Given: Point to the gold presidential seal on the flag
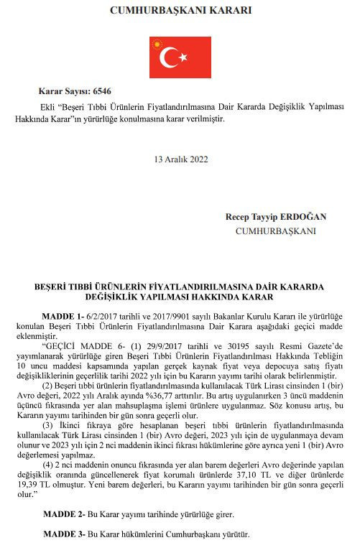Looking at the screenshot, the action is [154, 45].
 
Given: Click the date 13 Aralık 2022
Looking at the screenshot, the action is [180, 159].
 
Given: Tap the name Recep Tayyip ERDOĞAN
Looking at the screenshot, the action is [275, 217].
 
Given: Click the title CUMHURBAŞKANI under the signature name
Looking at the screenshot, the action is [275, 231].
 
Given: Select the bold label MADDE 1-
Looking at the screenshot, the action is [65, 316].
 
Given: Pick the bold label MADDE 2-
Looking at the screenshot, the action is [65, 515].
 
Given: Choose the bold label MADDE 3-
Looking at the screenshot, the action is [65, 535].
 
